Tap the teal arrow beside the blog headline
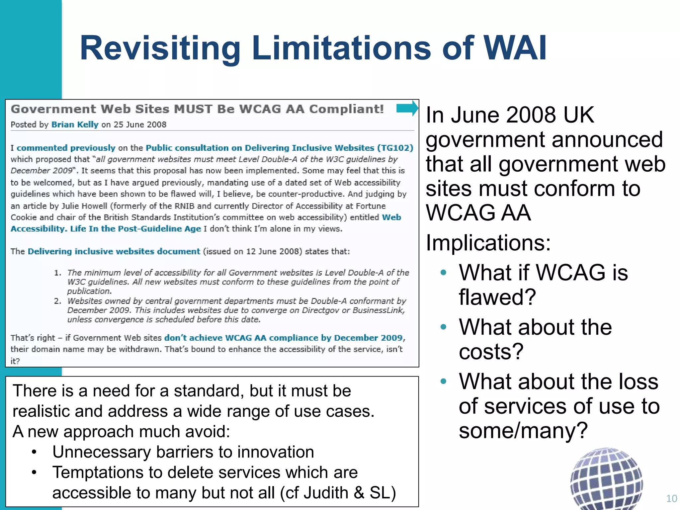tap(407, 108)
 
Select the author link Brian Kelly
tap(75, 125)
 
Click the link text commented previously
tap(66, 148)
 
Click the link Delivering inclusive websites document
tap(114, 251)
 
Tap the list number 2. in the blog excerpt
tap(58, 301)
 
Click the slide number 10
tap(671, 498)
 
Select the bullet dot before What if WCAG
tap(443, 273)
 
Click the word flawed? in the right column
tap(497, 297)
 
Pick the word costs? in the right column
tap(491, 351)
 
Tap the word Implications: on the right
tap(488, 243)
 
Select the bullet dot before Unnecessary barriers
tap(34, 452)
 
